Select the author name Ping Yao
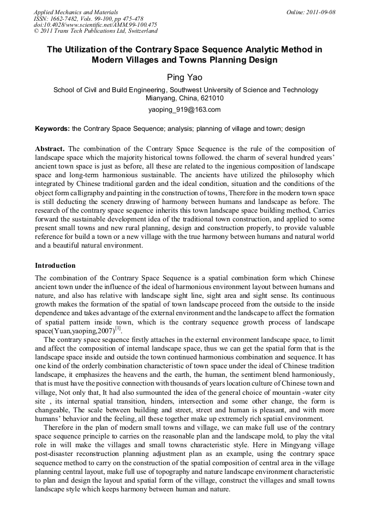(x=184, y=77)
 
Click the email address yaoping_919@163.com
(x=184, y=110)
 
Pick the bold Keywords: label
(x=52, y=129)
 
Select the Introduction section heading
(x=55, y=266)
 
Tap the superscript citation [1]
(x=117, y=328)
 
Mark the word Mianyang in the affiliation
(x=162, y=99)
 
